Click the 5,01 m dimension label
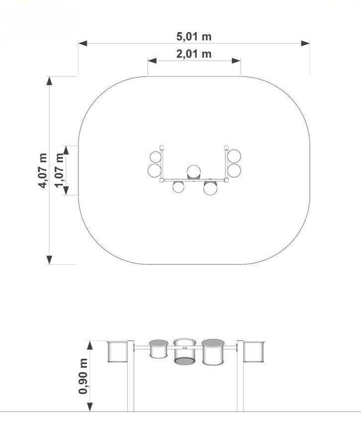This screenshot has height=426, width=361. (194, 36)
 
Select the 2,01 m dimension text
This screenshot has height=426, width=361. (194, 54)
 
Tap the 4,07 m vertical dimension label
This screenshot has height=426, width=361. (43, 170)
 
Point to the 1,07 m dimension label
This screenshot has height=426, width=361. (59, 170)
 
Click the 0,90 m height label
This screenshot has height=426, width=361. (83, 376)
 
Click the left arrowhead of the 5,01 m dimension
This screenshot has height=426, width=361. (83, 43)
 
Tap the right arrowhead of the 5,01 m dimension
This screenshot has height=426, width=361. (305, 43)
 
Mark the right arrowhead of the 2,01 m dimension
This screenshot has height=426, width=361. (236, 61)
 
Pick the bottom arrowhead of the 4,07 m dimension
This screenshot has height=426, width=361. (49, 260)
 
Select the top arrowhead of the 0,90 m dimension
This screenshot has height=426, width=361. (90, 345)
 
